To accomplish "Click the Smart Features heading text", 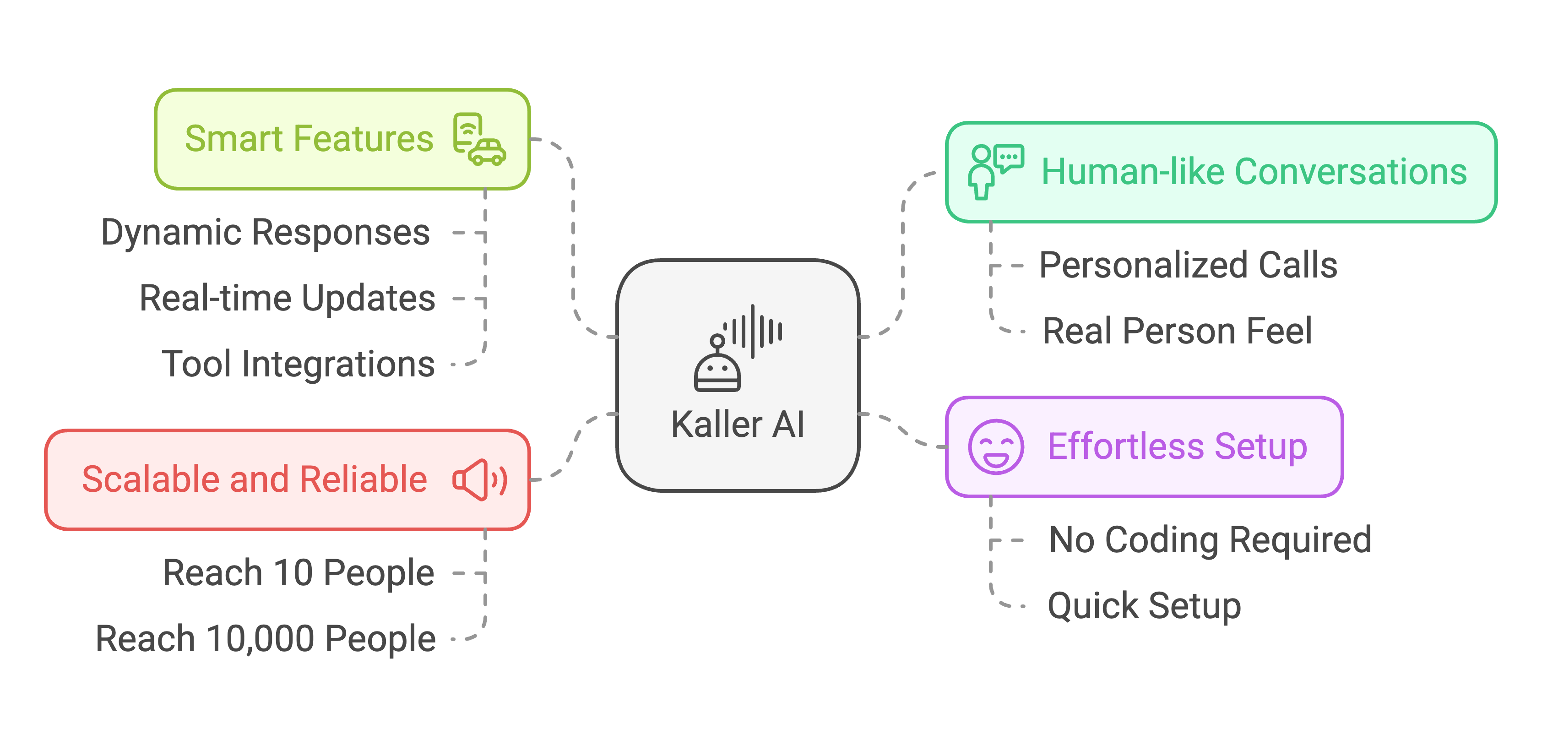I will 309,139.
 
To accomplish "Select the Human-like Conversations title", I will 1254,172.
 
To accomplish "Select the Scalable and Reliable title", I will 255,480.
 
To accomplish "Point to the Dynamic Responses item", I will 265,232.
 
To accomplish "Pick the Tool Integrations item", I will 298,364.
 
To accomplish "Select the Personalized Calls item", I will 1188,265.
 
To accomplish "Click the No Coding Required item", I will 1210,540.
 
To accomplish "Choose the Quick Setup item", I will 1144,606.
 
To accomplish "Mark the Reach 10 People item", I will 298,573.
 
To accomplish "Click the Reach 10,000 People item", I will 265,639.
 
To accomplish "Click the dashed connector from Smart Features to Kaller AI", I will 573,239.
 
